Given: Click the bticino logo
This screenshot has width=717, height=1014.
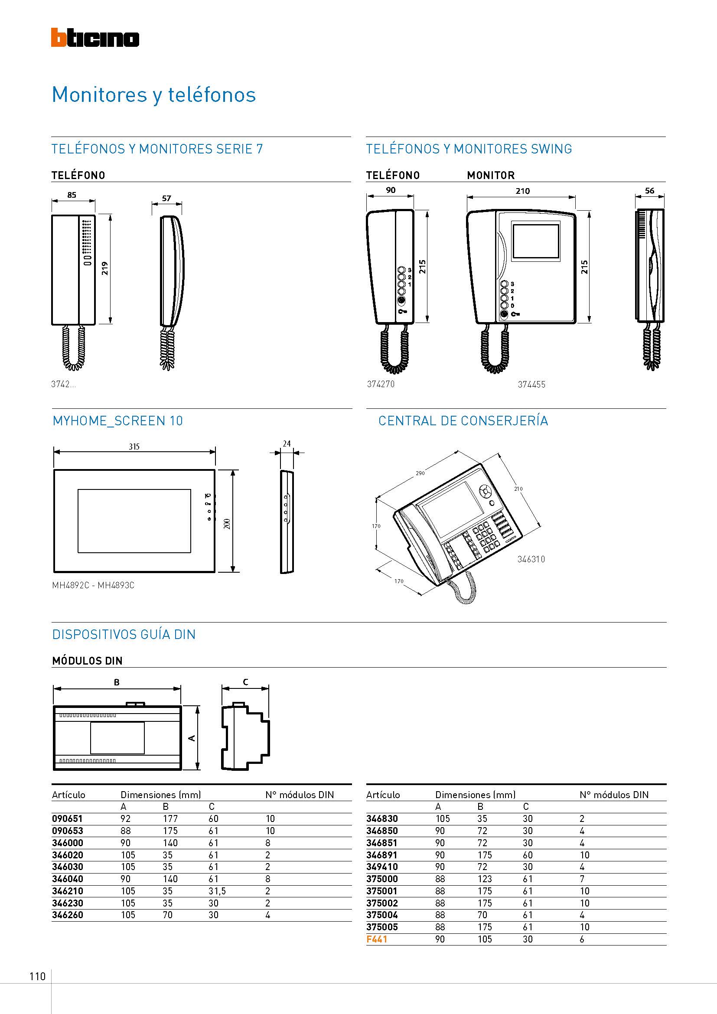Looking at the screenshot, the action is pyautogui.click(x=95, y=38).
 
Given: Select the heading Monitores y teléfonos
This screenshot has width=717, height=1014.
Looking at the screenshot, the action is pyautogui.click(x=153, y=95).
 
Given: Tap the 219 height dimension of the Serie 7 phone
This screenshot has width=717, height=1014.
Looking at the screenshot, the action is pyautogui.click(x=105, y=268).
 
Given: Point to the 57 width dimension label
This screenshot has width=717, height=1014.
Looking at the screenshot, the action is pyautogui.click(x=166, y=198).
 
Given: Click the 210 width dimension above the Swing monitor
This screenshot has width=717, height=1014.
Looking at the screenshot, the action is pyautogui.click(x=522, y=191).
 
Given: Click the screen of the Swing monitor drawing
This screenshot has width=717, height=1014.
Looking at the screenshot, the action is pyautogui.click(x=535, y=242).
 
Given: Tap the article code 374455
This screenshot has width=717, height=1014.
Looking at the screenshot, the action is pyautogui.click(x=531, y=384).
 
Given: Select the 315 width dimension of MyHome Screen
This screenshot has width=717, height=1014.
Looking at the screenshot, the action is pyautogui.click(x=134, y=447).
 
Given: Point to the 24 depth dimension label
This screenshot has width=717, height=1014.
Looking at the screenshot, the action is pyautogui.click(x=287, y=443).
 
